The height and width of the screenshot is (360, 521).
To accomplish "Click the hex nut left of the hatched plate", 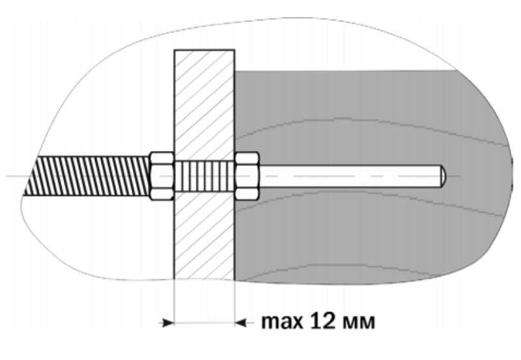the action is coord(162,176).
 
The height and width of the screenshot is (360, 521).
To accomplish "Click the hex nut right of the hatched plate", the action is coord(247,176).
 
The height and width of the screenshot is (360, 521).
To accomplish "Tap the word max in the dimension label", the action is coord(282,322).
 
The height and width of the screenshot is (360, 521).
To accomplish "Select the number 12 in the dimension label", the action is coord(322,321).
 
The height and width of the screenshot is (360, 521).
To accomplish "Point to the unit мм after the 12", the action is coord(359,322).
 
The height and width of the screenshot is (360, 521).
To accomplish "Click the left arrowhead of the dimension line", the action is coord(167,322).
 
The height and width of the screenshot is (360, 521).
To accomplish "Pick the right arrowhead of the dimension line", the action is coord(240,322).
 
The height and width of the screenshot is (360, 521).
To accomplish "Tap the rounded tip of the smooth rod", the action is coord(444,176).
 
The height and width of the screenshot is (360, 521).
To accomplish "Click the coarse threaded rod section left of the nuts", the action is coord(87,176).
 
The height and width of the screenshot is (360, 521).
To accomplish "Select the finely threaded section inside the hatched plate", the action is coord(204,176).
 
